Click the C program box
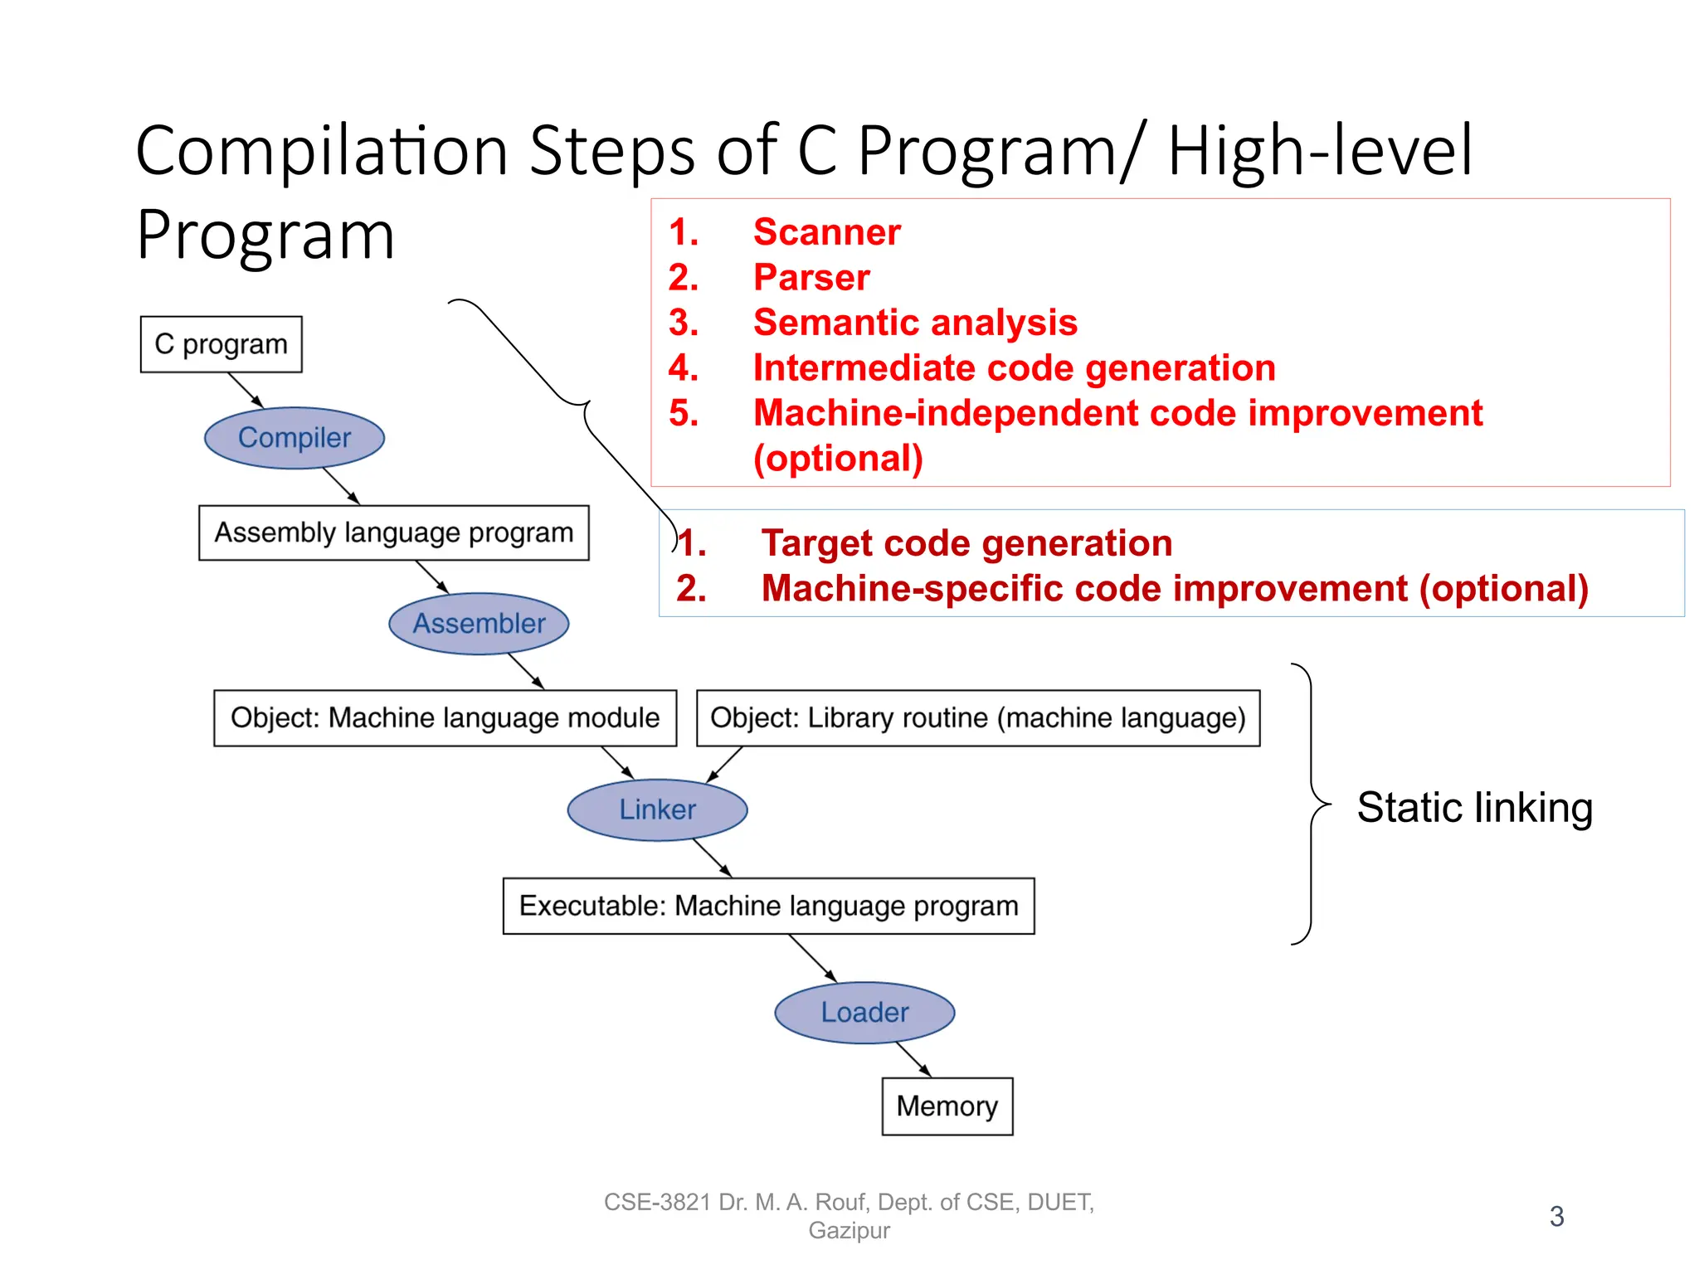pos(221,343)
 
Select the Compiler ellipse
pos(295,437)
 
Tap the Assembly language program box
pos(393,532)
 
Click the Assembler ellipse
pos(479,623)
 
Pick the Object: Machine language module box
pos(445,717)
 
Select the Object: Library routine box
pos(977,717)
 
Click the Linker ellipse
pos(657,810)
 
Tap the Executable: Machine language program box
pos(768,906)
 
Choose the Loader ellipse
pos(864,1012)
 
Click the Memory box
pos(947,1106)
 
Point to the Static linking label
pos(1474,807)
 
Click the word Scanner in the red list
pos(826,232)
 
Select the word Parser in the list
pos(811,277)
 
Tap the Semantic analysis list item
pos(914,323)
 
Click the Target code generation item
pos(966,543)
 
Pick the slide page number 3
pos(1556,1216)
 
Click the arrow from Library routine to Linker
pos(724,764)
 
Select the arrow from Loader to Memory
pos(913,1060)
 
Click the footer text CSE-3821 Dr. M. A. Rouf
pos(848,1202)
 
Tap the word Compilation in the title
pos(322,151)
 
